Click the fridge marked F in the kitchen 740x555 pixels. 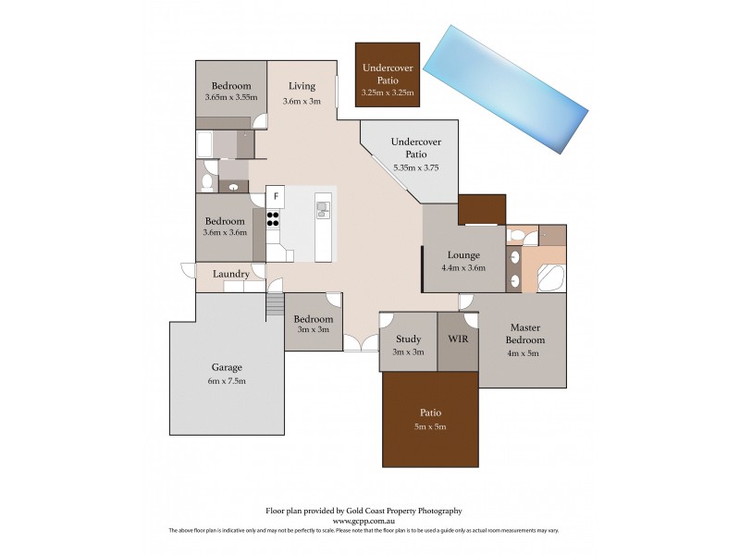[x=276, y=196]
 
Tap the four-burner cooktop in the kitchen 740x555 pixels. [x=275, y=219]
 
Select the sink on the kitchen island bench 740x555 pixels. [x=322, y=209]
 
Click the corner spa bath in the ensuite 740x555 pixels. [x=552, y=277]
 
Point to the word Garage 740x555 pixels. [x=226, y=367]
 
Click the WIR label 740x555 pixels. [x=458, y=339]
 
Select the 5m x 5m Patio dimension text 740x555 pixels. [x=430, y=426]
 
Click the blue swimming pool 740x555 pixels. [x=505, y=88]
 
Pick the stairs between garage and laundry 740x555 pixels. [x=275, y=304]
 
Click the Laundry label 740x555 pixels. [x=229, y=274]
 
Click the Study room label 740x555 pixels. [x=408, y=339]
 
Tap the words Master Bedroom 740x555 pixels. [x=523, y=334]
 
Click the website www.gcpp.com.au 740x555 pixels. [x=364, y=520]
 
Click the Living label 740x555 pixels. [x=302, y=86]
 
